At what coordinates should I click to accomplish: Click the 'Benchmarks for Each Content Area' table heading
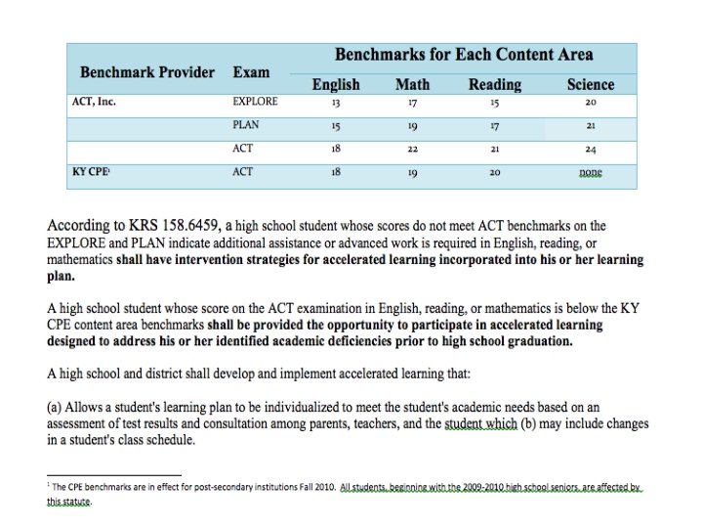click(464, 55)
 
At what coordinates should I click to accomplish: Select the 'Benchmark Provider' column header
click(147, 72)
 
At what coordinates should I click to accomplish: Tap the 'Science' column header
click(590, 85)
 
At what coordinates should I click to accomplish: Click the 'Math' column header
click(412, 85)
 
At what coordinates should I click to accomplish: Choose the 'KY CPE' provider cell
click(91, 172)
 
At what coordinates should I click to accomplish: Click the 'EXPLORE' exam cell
click(255, 102)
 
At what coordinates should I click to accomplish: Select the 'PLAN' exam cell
click(245, 125)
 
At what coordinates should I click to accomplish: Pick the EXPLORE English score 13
click(335, 102)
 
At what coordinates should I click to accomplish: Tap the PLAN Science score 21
click(590, 126)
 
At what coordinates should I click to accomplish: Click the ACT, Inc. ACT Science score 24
click(590, 150)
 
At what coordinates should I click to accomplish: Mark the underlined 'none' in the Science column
click(590, 172)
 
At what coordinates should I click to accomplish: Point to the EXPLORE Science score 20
click(590, 102)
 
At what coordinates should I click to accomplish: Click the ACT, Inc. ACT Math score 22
click(412, 150)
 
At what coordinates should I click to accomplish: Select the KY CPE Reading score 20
click(495, 173)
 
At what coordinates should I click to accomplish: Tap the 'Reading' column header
click(495, 85)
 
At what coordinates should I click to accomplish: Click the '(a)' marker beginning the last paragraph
click(56, 407)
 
